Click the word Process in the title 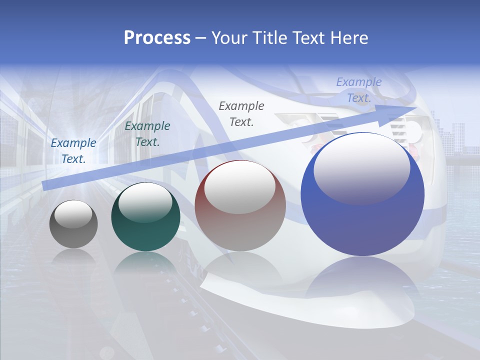tap(157, 38)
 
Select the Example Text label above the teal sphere tap(147, 134)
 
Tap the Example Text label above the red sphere tap(241, 114)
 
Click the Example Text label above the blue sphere tap(359, 90)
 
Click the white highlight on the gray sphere tap(73, 214)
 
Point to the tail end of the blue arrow tap(46, 185)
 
